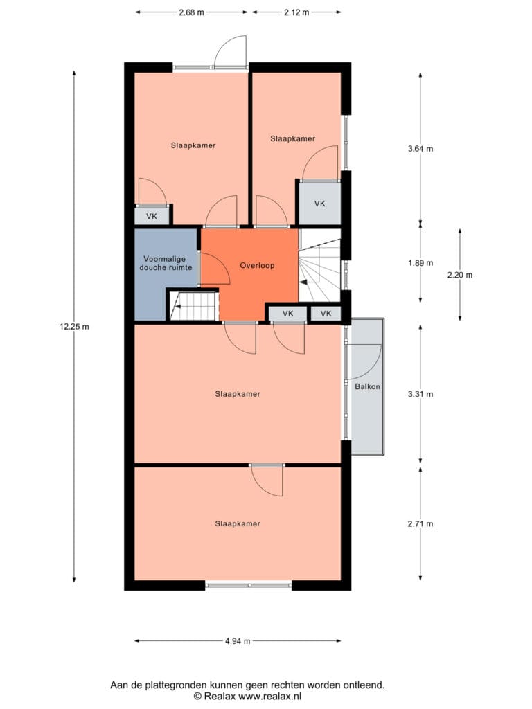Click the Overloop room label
point(257,265)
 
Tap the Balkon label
point(367,386)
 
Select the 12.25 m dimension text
point(74,327)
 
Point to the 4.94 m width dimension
point(238,640)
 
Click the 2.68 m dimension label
point(191,12)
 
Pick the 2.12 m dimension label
point(296,12)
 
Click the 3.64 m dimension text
point(420,148)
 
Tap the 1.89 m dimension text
point(420,263)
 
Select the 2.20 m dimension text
point(460,275)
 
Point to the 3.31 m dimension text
point(420,394)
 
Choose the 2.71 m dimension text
point(420,524)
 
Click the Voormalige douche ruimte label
point(166,263)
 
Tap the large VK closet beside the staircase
point(320,204)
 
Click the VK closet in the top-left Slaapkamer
point(152,216)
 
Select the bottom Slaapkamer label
point(238,523)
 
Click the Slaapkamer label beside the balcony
point(238,394)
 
